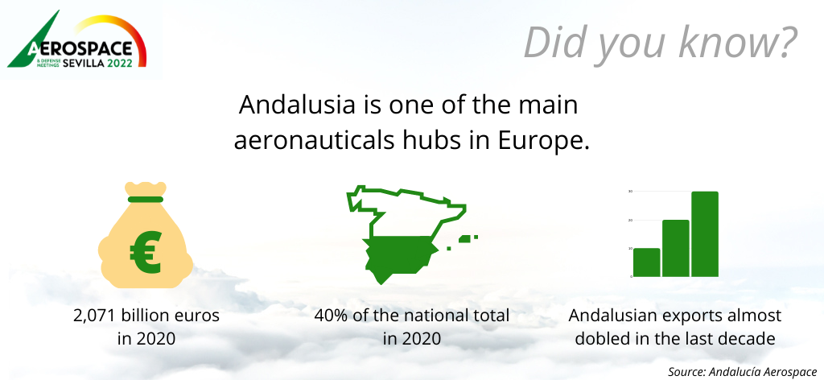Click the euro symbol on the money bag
click(x=145, y=253)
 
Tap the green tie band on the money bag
click(x=145, y=199)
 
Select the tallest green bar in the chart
click(x=705, y=234)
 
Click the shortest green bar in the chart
click(x=646, y=262)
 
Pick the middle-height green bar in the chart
click(x=675, y=248)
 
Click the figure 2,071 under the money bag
click(x=95, y=316)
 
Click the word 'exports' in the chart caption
click(x=690, y=316)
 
